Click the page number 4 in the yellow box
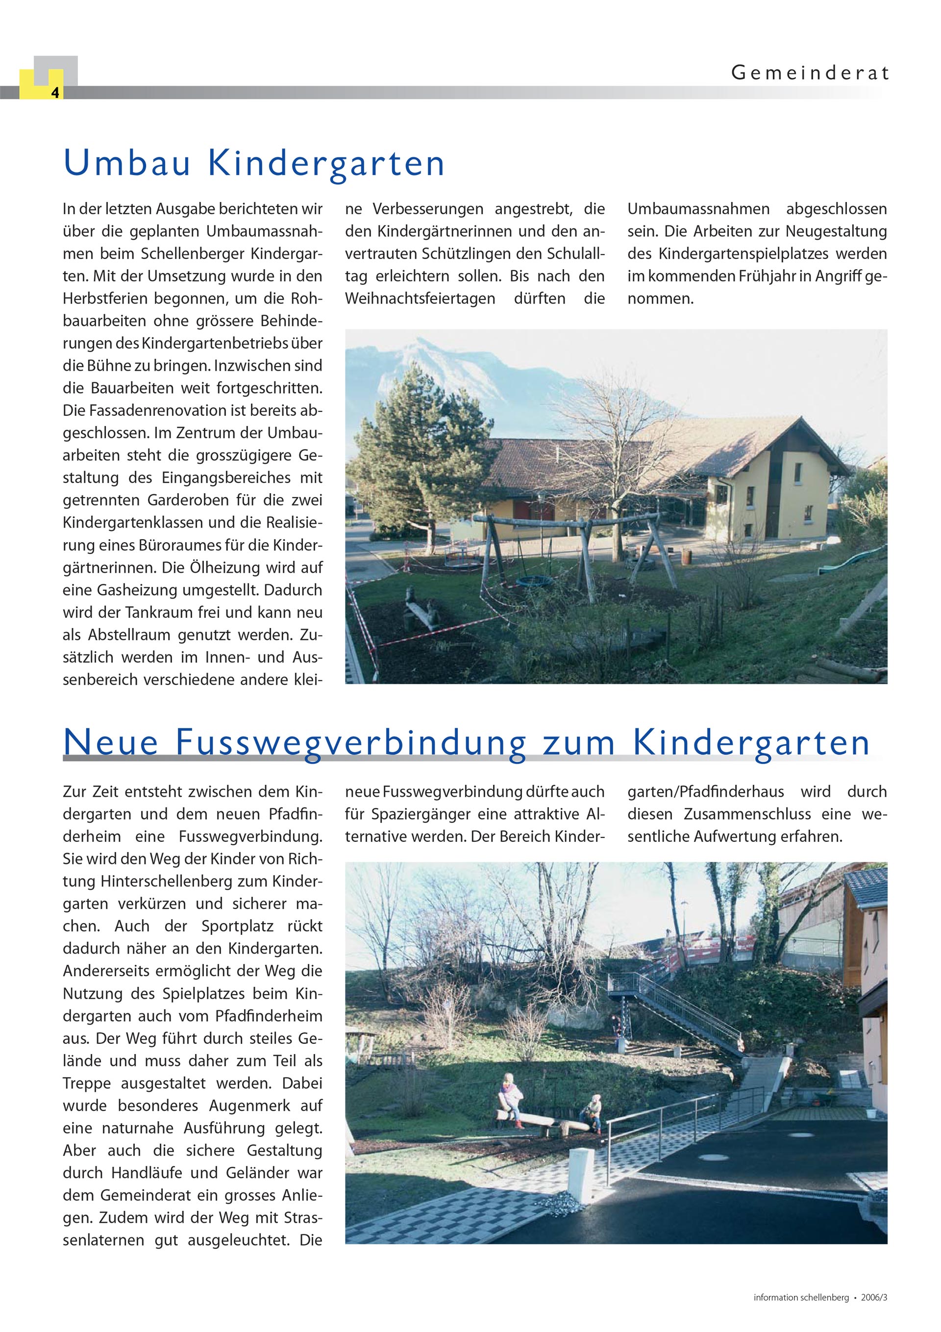click(x=54, y=92)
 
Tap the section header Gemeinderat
click(x=809, y=73)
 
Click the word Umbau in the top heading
click(x=127, y=164)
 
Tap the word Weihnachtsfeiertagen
click(x=420, y=299)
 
